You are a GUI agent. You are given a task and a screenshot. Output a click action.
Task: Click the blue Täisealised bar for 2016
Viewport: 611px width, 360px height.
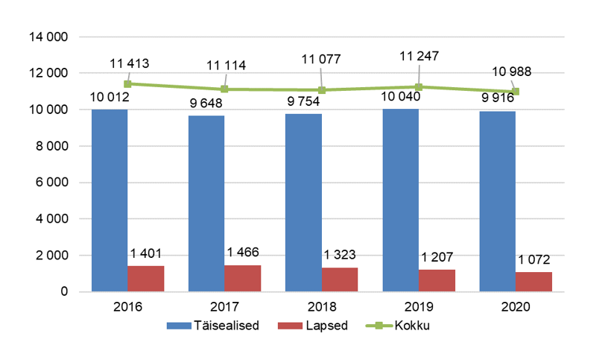(110, 200)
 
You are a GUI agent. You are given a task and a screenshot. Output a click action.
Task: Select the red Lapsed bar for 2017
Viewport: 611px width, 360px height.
(243, 278)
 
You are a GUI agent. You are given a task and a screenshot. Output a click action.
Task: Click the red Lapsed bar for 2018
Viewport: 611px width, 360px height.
(340, 280)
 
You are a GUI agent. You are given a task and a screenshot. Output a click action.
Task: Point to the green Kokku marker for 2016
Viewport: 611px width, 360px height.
(127, 84)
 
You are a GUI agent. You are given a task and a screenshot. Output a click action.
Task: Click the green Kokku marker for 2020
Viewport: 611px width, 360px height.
(515, 92)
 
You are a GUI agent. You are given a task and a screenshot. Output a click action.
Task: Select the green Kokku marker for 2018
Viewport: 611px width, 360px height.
(321, 90)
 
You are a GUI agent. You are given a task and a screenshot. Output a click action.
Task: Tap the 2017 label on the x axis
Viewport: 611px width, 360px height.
(224, 306)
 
